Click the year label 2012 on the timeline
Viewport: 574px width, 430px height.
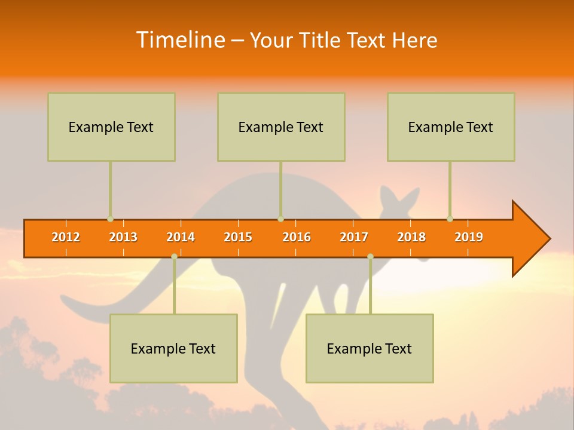click(66, 237)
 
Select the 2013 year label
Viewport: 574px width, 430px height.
click(123, 237)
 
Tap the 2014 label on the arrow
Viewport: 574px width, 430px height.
click(181, 237)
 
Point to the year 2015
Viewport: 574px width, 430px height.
click(238, 237)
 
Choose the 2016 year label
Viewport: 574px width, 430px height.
click(297, 237)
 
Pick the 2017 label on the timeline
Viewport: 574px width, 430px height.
click(354, 237)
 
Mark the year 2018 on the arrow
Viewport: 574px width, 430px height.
click(411, 237)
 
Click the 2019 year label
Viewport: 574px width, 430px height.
click(469, 237)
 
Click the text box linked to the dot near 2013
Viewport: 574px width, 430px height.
click(111, 127)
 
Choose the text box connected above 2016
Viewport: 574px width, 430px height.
click(281, 127)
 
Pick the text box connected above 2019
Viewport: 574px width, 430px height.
click(451, 127)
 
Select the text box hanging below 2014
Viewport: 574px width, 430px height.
click(173, 348)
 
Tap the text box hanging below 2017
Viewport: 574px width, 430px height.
click(370, 348)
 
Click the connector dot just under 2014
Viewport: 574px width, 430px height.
click(174, 256)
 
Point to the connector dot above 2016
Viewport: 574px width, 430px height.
click(280, 219)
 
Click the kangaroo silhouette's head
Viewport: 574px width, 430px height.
click(398, 206)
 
